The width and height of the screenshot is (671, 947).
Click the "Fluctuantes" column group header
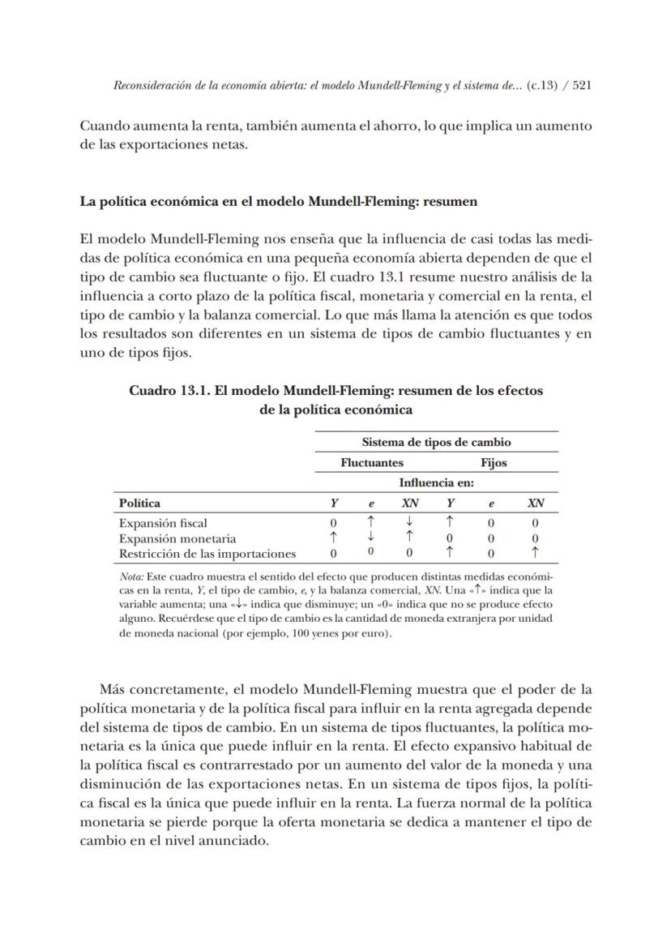pos(372,462)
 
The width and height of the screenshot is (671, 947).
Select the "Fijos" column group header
pos(494,462)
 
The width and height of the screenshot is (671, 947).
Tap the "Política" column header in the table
pos(139,503)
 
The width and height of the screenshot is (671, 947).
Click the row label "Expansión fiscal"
pos(163,523)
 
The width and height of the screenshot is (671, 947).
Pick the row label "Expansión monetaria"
pos(177,538)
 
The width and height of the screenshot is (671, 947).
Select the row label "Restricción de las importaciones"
pos(207,554)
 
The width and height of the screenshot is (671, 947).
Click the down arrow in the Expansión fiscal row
pos(410,522)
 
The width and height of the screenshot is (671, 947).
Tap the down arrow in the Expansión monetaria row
pos(370,537)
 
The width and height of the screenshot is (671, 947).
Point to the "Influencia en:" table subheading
pos(436,482)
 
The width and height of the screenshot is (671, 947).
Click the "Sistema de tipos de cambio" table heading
pos(436,442)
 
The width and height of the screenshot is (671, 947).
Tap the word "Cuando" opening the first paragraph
pos(104,126)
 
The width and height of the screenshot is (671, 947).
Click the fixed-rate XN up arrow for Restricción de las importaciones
pos(535,553)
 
